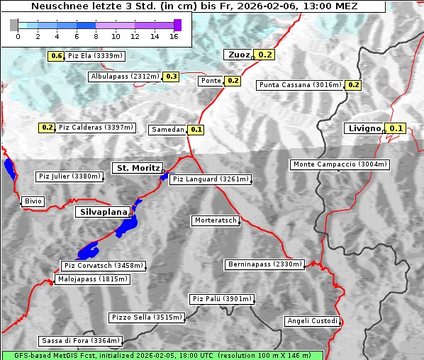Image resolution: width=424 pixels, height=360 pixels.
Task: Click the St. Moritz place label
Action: (136, 168)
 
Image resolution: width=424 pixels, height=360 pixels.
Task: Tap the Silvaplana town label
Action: (102, 212)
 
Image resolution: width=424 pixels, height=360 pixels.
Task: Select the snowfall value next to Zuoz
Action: (265, 55)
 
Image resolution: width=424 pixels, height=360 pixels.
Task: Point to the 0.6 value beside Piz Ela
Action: (57, 56)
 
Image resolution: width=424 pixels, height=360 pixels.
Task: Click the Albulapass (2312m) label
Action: (125, 77)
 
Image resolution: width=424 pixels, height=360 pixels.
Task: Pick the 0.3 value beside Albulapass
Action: (171, 77)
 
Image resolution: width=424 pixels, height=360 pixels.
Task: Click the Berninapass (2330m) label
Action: (264, 264)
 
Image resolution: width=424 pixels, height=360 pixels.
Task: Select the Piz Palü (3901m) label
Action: (221, 299)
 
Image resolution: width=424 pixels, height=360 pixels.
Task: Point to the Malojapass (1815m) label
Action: (92, 279)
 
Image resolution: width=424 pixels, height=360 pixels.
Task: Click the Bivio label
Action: (33, 201)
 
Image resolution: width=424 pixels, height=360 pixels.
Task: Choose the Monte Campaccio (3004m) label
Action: (340, 164)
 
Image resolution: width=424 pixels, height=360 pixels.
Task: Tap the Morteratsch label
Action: (215, 220)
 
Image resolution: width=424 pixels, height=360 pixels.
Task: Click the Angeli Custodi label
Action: (312, 321)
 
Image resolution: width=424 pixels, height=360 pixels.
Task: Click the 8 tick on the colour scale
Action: (96, 35)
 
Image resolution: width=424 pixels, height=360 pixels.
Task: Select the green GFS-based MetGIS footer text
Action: (162, 355)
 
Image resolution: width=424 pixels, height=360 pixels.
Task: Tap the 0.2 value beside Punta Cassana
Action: (354, 85)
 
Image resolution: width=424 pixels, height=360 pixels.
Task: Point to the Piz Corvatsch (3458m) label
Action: (104, 266)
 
